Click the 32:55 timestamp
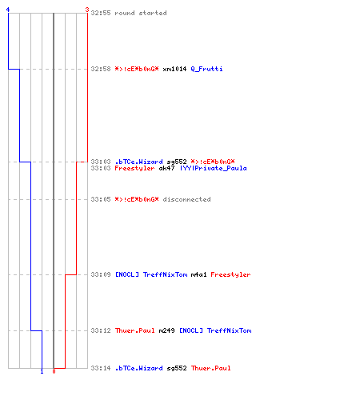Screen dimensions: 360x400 [101, 13]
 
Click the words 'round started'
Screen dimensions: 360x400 [141, 13]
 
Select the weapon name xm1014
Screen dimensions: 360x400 [174, 69]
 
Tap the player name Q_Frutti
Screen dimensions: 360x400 [206, 69]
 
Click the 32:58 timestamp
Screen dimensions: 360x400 [101, 69]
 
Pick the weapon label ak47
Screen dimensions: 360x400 [166, 168]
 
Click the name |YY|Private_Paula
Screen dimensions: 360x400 [214, 168]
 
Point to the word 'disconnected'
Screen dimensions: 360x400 [186, 199]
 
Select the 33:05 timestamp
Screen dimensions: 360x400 [101, 199]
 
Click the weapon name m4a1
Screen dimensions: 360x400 [198, 274]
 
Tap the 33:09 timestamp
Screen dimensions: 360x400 [101, 274]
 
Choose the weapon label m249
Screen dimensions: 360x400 [166, 330]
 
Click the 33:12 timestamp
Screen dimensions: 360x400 [101, 330]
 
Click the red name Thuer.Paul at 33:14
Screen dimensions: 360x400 [210, 368]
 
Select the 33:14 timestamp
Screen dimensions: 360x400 [101, 368]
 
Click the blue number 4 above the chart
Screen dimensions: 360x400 [8, 10]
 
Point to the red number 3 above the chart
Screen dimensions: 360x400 [87, 10]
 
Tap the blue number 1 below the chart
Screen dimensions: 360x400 [42, 371]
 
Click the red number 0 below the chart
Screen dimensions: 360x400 [54, 371]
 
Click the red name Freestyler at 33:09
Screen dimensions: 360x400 [230, 274]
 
